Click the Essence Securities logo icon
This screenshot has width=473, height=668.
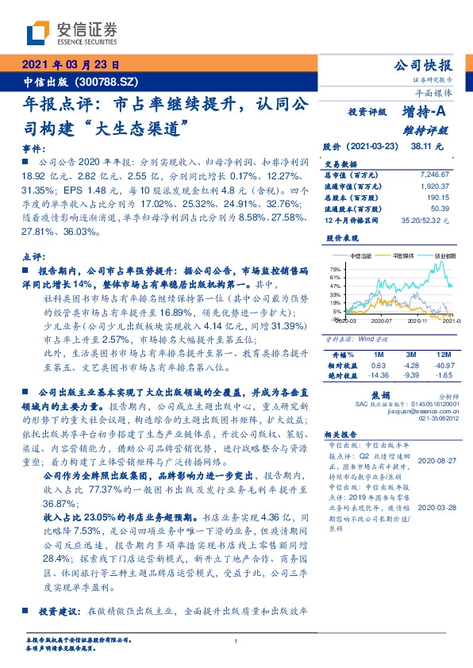click(38, 33)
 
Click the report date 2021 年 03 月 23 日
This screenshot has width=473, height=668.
click(69, 65)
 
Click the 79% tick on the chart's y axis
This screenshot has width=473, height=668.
click(334, 270)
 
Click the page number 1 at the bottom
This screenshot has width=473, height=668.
click(236, 642)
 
